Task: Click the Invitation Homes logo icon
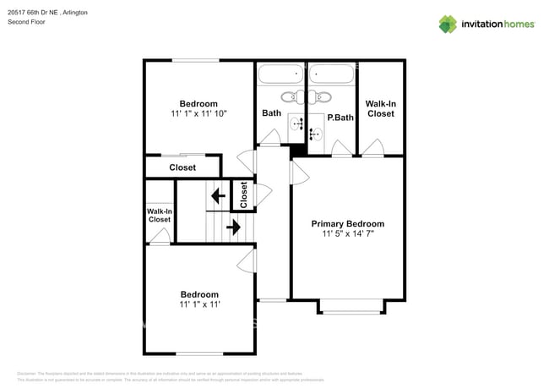point(447,24)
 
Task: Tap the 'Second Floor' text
point(26,22)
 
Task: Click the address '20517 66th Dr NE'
point(35,13)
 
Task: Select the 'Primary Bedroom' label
point(347,224)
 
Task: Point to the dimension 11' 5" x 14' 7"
point(347,234)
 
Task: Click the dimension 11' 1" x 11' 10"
point(198,113)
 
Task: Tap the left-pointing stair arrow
point(217,197)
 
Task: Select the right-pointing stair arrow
point(233,227)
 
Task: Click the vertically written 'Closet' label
point(243,195)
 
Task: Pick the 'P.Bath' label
point(340,118)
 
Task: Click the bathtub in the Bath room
point(280,75)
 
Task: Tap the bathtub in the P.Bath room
point(330,75)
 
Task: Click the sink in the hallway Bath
point(297,124)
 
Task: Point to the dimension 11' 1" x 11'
point(198,304)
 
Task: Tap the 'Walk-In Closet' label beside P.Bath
point(379,108)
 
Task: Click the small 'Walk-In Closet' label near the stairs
point(159,215)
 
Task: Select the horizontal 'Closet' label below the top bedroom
point(182,167)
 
